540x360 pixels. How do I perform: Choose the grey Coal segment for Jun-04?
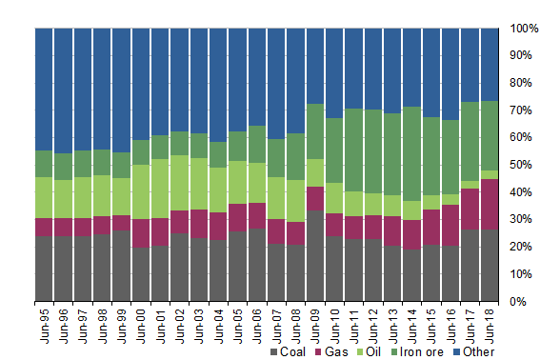[x=218, y=270]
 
